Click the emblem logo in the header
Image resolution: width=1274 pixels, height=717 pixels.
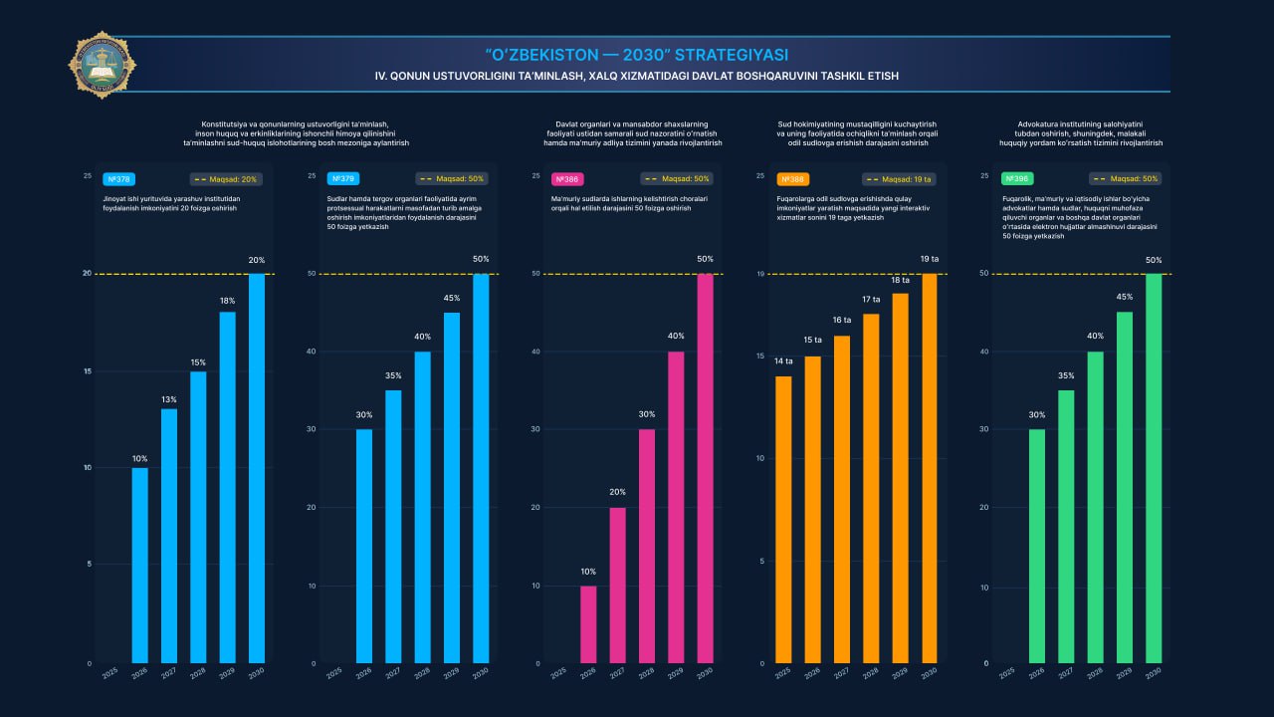tap(102, 65)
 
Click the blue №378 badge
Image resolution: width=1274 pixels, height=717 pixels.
tap(118, 179)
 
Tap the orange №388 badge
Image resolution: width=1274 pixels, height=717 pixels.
tap(793, 179)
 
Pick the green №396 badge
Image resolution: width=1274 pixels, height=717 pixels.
tap(1017, 179)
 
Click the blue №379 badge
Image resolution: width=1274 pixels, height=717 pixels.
tap(343, 179)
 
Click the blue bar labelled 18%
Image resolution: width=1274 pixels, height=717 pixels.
tap(228, 488)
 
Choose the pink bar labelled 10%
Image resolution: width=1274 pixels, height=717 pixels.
tap(588, 624)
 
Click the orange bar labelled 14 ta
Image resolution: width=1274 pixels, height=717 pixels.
tap(783, 520)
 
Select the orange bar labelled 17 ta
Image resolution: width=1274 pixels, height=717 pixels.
tap(871, 488)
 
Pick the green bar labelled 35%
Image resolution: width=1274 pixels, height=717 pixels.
tap(1066, 527)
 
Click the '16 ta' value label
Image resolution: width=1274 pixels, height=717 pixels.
tap(842, 321)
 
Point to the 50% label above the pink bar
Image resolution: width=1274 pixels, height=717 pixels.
tap(706, 259)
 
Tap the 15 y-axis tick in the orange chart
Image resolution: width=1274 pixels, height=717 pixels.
tap(759, 357)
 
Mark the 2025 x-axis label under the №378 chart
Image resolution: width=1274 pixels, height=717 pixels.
tap(110, 674)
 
